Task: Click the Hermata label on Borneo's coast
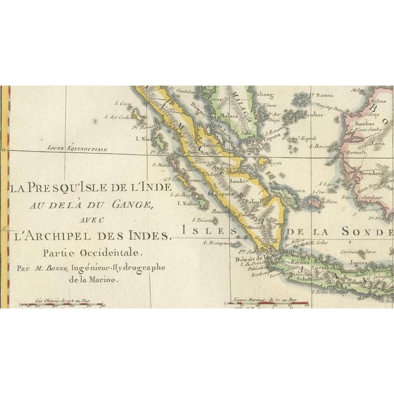355,151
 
